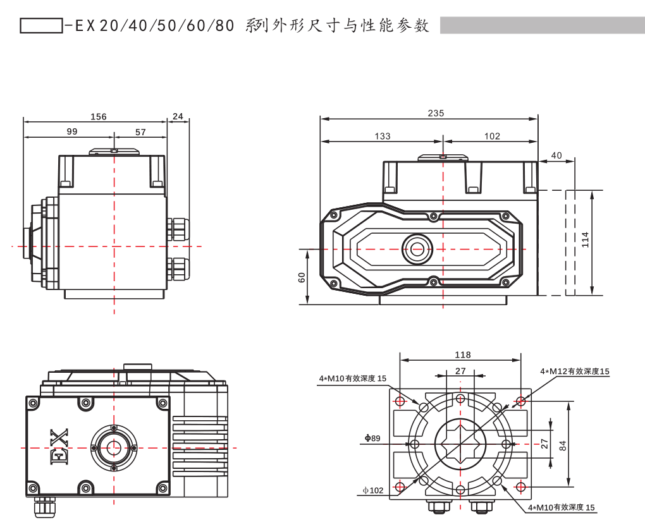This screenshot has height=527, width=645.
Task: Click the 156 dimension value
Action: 99,116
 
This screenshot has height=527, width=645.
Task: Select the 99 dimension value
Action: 71,131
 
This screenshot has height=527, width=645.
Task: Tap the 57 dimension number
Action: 140,131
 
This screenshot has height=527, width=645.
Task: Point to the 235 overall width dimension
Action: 436,113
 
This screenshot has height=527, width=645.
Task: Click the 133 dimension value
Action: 383,136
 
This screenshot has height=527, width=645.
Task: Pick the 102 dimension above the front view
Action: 492,136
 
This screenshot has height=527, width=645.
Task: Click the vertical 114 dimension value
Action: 585,239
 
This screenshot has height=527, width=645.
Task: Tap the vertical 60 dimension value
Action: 302,277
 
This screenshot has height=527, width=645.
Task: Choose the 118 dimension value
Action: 463,355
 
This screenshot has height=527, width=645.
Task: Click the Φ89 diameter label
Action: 372,438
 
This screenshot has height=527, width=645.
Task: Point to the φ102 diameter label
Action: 373,490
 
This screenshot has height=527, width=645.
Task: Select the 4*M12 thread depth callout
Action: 574,372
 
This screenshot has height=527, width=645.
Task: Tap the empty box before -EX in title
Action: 41,25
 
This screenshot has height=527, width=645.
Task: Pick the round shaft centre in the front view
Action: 417,249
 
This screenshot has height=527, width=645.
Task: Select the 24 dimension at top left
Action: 178,116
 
